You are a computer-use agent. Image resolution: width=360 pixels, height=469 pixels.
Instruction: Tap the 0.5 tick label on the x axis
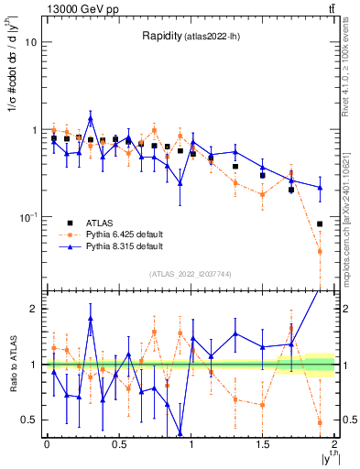118,444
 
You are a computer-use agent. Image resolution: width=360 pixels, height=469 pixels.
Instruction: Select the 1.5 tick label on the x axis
262,444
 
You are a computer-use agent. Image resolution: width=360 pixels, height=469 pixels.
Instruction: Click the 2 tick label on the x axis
334,444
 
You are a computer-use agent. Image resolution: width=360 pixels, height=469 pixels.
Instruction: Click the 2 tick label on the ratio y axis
35,309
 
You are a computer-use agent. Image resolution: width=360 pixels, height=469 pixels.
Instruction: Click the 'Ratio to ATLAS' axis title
11,365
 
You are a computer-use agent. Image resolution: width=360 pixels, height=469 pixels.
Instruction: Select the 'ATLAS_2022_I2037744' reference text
190,274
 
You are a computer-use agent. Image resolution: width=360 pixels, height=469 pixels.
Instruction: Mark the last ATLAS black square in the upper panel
320,224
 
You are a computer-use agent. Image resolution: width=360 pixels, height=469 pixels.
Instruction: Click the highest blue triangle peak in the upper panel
91,119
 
